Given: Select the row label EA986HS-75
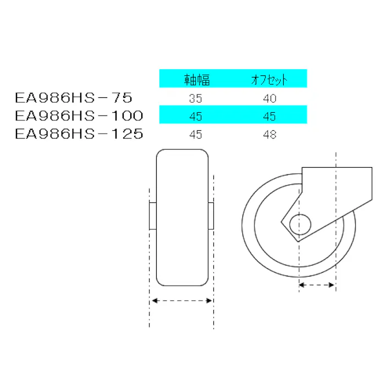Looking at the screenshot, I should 73,98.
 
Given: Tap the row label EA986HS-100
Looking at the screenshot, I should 79,116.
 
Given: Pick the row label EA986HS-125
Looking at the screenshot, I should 79,134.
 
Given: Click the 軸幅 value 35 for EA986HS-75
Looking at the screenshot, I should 195,99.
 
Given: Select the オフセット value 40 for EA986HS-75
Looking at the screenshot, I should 269,99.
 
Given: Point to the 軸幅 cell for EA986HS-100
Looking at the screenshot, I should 195,117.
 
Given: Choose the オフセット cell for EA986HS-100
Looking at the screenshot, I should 269,117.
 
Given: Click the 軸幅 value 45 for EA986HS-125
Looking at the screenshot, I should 195,134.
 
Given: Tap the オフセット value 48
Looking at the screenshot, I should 269,134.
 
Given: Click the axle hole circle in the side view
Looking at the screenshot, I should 300,224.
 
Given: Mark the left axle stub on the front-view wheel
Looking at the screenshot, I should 153,216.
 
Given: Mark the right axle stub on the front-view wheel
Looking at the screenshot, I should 211,216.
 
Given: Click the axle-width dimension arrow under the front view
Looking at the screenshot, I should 182,301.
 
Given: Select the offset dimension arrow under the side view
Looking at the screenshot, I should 317,285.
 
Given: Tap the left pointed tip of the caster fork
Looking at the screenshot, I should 282,223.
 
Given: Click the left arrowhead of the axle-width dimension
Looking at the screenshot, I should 154,301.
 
